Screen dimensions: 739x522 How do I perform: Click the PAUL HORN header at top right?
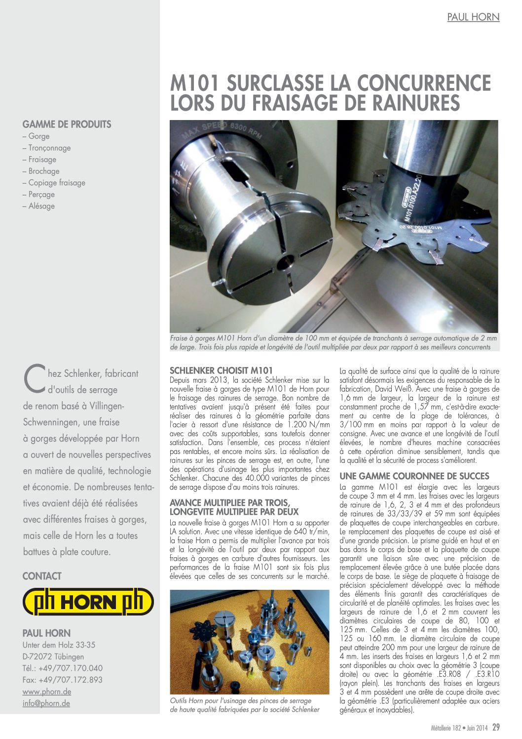pyautogui.click(x=473, y=17)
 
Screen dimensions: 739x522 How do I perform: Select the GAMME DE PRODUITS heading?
pyautogui.click(x=67, y=124)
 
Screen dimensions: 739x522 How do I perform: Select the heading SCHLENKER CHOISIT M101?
pyautogui.click(x=221, y=370)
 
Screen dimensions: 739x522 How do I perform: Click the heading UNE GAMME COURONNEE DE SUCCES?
pyautogui.click(x=414, y=476)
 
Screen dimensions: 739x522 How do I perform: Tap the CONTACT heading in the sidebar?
pyautogui.click(x=42, y=576)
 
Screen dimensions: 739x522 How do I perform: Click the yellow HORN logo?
pyautogui.click(x=88, y=602)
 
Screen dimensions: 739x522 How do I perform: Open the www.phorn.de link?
pyautogui.click(x=47, y=692)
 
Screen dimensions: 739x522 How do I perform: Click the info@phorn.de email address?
pyautogui.click(x=46, y=703)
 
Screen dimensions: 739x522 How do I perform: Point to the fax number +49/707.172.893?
pyautogui.click(x=63, y=680)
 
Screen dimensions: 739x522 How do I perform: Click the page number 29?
pyautogui.click(x=496, y=727)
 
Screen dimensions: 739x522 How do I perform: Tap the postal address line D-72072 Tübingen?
pyautogui.click(x=53, y=657)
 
